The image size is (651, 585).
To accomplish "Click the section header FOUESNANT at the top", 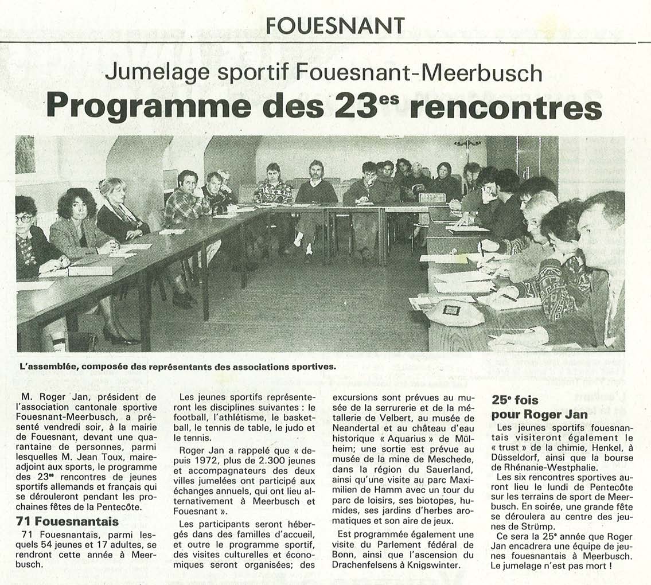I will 336,25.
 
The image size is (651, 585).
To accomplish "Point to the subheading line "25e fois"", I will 515,400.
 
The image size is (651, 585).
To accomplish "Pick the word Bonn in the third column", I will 344,554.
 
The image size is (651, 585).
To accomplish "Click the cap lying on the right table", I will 455,313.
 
